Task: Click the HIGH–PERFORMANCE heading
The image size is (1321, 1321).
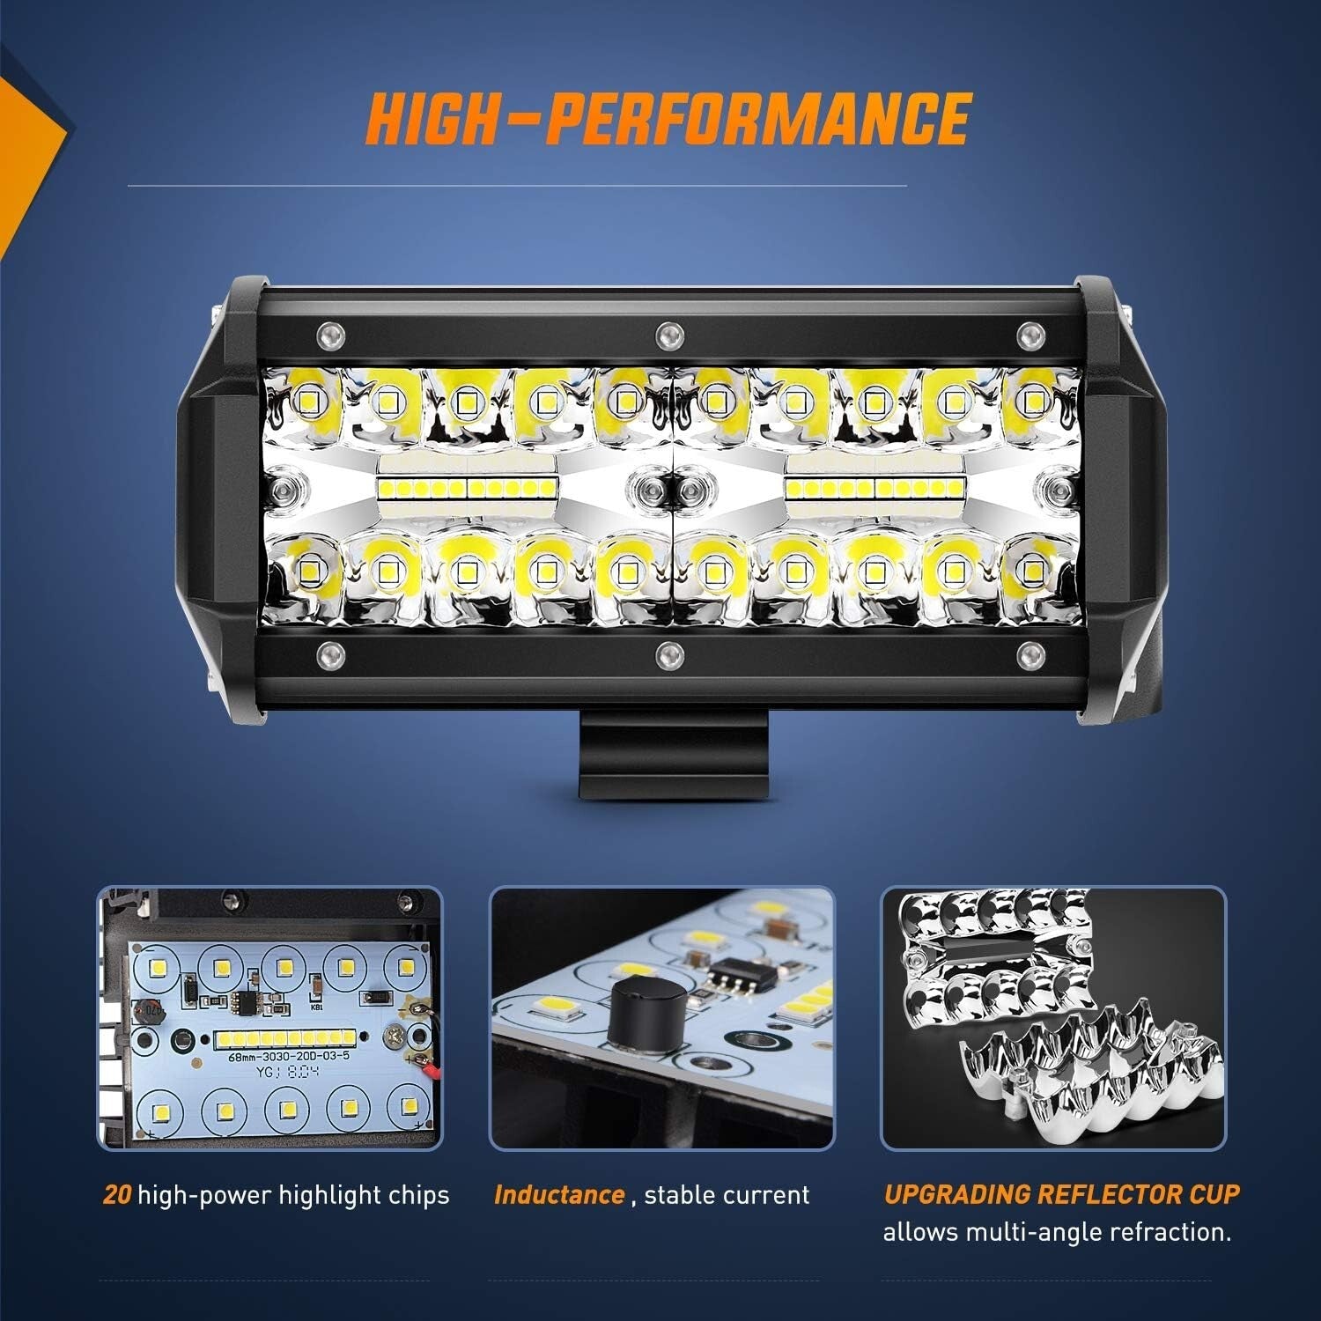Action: click(668, 118)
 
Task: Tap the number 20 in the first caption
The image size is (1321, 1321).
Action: click(117, 1195)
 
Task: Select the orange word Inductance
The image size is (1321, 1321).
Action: click(559, 1195)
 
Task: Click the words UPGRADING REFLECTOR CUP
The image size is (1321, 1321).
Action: click(1061, 1194)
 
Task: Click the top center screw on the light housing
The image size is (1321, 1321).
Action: click(669, 333)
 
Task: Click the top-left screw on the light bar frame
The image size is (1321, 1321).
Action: click(329, 333)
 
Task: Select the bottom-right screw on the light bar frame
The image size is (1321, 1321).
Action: click(1027, 653)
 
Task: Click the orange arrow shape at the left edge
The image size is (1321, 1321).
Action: click(26, 141)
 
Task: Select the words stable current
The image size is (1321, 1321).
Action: click(727, 1195)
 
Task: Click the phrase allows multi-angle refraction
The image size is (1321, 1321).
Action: click(1057, 1231)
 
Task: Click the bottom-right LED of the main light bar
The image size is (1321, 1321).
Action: click(1028, 572)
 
